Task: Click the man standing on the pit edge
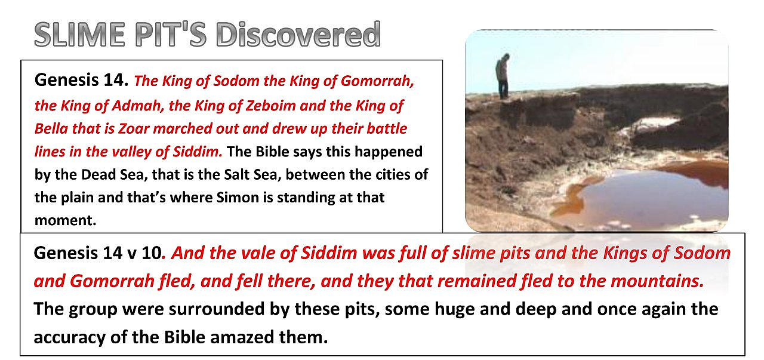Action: click(x=503, y=76)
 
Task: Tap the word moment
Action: click(x=64, y=220)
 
